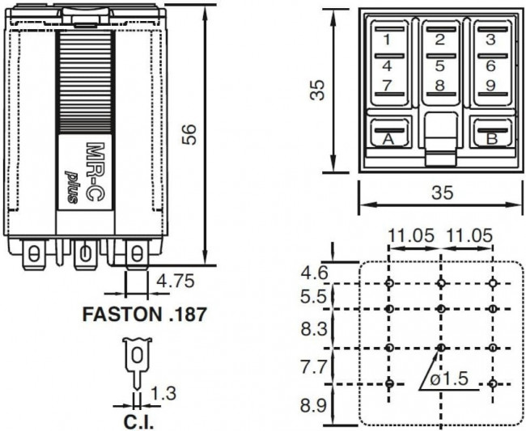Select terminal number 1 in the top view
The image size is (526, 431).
[388, 40]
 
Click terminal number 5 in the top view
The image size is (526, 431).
[439, 65]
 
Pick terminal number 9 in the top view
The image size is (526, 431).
[490, 85]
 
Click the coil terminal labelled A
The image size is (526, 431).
[388, 139]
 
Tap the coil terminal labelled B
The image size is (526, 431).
[490, 139]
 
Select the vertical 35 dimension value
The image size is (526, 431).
[320, 91]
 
